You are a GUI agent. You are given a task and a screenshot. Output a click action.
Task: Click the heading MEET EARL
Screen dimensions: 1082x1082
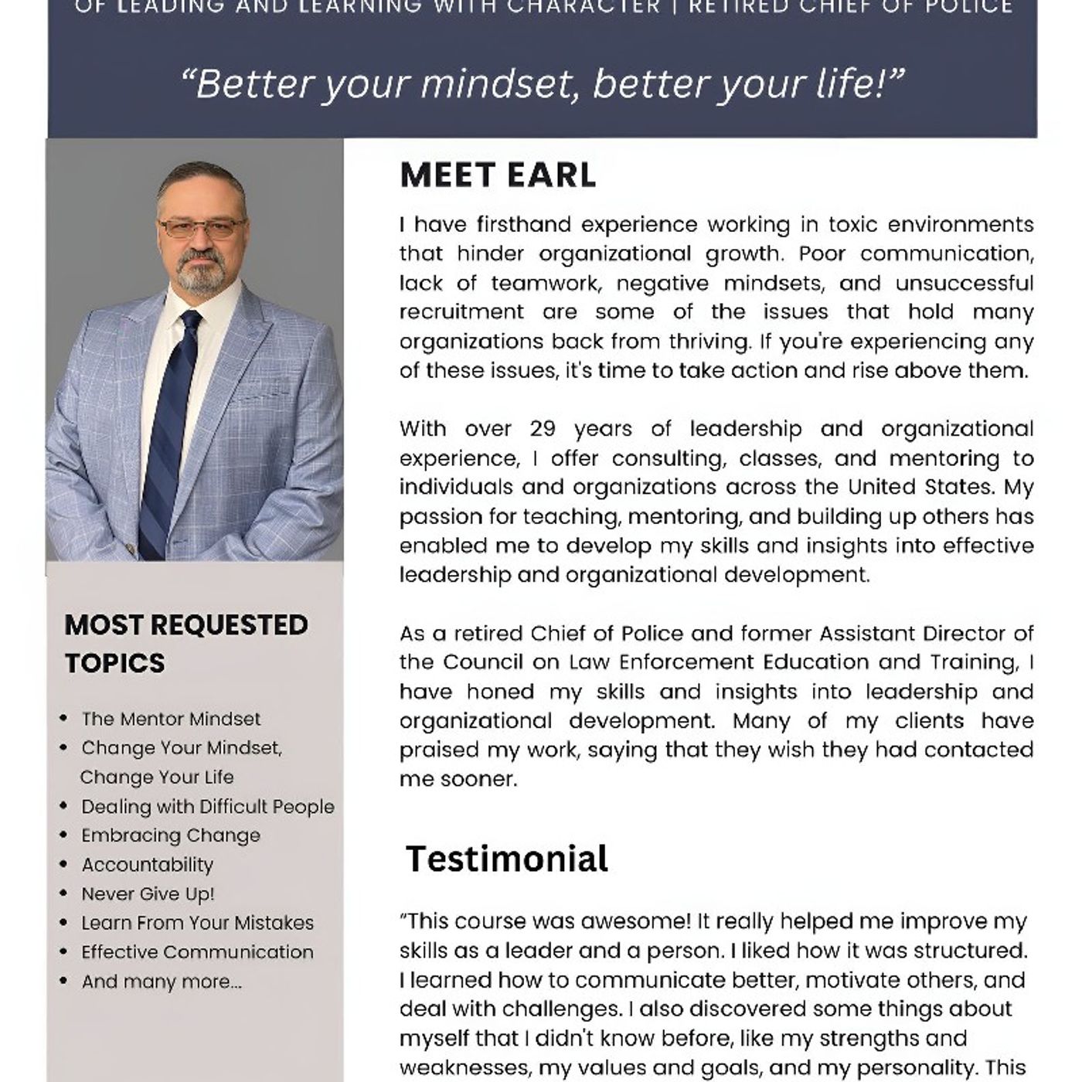point(498,175)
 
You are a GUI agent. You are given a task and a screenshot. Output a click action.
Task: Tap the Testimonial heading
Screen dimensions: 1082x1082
point(507,859)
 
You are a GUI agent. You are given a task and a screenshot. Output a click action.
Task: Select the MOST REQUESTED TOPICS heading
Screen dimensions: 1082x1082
point(185,643)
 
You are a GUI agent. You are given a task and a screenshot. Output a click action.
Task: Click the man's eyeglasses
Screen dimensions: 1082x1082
point(201,227)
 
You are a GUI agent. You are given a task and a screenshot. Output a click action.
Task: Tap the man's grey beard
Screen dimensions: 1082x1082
point(201,275)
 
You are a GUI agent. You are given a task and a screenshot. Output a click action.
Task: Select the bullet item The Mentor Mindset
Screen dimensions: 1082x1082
point(171,719)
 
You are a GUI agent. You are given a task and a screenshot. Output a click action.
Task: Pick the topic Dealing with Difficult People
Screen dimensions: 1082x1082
point(207,807)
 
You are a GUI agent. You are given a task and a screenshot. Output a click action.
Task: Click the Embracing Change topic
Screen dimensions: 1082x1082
point(171,835)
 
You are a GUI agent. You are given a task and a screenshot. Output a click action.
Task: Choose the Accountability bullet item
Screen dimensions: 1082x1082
point(147,865)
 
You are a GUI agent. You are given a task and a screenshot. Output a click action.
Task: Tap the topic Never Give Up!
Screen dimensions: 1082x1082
point(148,894)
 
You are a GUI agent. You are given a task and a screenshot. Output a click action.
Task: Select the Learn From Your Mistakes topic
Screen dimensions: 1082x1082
point(197,923)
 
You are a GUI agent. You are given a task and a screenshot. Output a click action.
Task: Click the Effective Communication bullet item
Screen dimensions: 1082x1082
point(197,952)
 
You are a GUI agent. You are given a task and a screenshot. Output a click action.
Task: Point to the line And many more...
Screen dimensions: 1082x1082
point(162,982)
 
